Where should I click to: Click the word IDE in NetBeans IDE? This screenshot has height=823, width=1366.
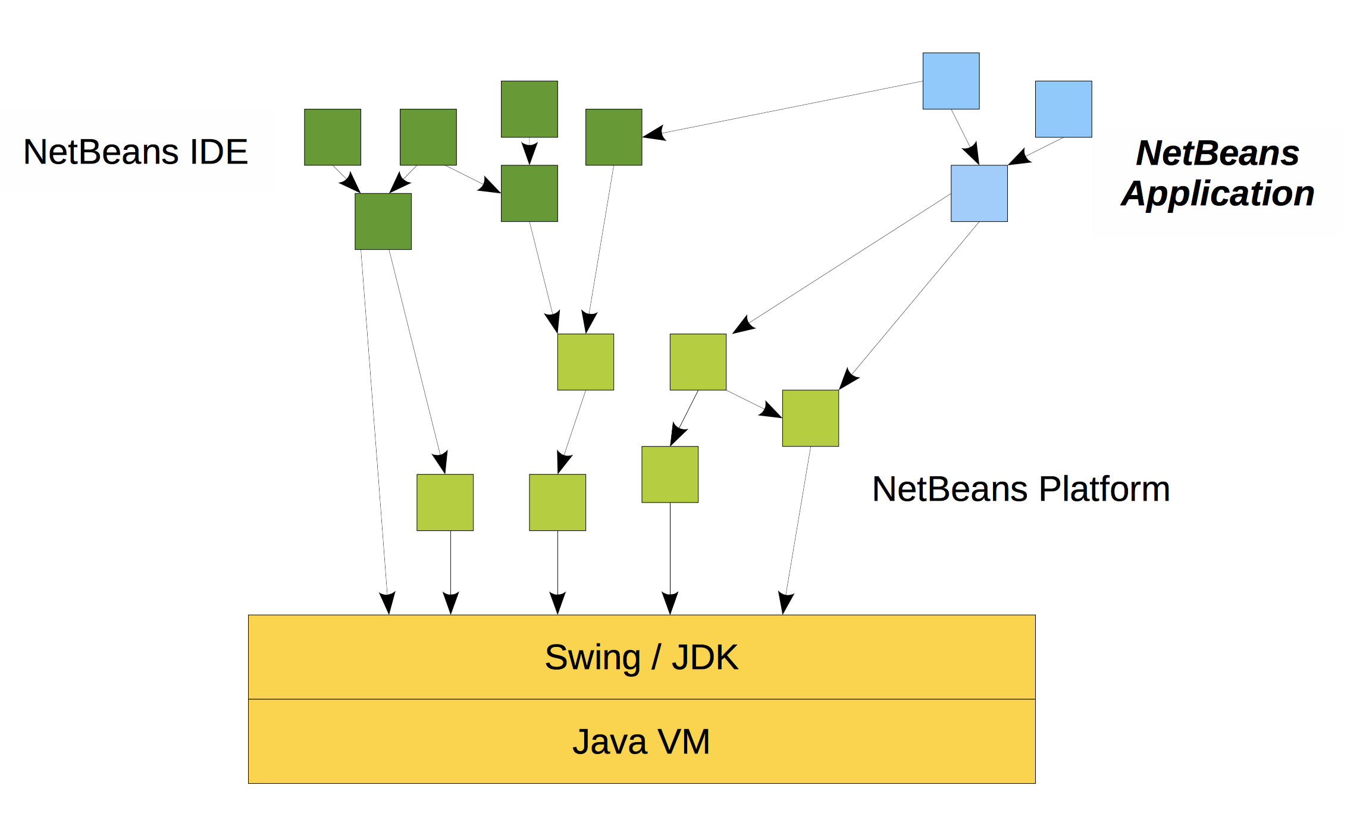(x=218, y=152)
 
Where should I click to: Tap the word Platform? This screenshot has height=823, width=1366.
(x=1105, y=489)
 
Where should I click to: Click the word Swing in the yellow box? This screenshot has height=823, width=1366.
(x=593, y=658)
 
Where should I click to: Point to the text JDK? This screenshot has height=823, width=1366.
(x=705, y=657)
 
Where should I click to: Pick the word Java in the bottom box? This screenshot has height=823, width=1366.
(x=609, y=742)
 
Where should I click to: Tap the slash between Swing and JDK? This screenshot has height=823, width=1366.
(x=656, y=657)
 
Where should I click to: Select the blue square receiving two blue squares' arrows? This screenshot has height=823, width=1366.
(x=979, y=193)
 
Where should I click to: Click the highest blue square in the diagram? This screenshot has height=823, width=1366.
(x=951, y=81)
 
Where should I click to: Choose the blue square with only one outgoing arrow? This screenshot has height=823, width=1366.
(x=1063, y=109)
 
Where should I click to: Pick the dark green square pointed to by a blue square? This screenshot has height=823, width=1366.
(x=613, y=137)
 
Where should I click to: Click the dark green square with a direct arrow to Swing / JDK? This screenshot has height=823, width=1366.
(x=383, y=221)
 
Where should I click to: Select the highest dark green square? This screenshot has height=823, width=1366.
(x=529, y=109)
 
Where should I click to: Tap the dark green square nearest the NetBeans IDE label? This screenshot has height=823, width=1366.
(x=332, y=137)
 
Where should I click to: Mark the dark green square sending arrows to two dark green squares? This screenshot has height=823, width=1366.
(x=428, y=137)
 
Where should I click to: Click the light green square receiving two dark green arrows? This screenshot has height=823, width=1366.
(x=585, y=362)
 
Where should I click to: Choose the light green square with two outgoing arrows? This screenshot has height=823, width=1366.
(x=698, y=362)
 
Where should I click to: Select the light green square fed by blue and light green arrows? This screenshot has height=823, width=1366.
(x=810, y=418)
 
